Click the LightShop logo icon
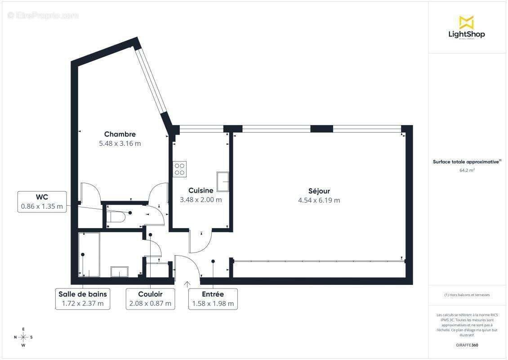[x=466, y=22]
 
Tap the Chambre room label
[x=120, y=134]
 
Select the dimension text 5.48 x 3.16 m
[x=120, y=144]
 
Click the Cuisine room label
[x=201, y=190]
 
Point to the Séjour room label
[x=319, y=191]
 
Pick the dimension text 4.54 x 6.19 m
[x=319, y=200]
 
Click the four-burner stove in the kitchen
[x=179, y=169]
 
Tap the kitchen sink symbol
[x=223, y=181]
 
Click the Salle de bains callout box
[x=83, y=298]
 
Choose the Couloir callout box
[x=150, y=298]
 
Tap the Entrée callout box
[x=213, y=298]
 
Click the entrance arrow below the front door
[x=187, y=284]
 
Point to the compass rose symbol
[x=23, y=337]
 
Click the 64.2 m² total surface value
[x=467, y=171]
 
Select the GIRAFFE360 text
[x=467, y=345]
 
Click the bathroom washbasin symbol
[x=120, y=271]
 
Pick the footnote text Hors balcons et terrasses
[x=467, y=295]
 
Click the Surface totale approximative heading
[x=467, y=162]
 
